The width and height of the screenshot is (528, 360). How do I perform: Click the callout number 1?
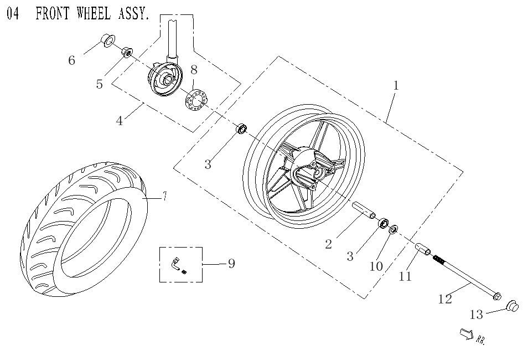(396, 85)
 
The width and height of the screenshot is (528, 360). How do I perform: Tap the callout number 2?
(328, 244)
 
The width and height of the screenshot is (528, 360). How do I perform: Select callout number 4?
(120, 121)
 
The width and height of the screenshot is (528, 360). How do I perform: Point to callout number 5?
(100, 85)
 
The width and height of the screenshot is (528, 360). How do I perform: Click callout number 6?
(71, 60)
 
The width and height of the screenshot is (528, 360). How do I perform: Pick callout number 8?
(194, 70)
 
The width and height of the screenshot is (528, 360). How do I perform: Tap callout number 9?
(231, 264)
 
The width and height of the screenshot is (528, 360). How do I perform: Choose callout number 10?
(376, 266)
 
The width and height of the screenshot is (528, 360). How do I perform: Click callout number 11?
(406, 276)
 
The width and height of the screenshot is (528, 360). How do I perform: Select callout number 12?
(445, 299)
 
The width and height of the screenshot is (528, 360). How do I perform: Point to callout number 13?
(477, 315)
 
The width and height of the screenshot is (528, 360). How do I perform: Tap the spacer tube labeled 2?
(364, 211)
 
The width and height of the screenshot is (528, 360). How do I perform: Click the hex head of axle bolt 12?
(497, 296)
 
